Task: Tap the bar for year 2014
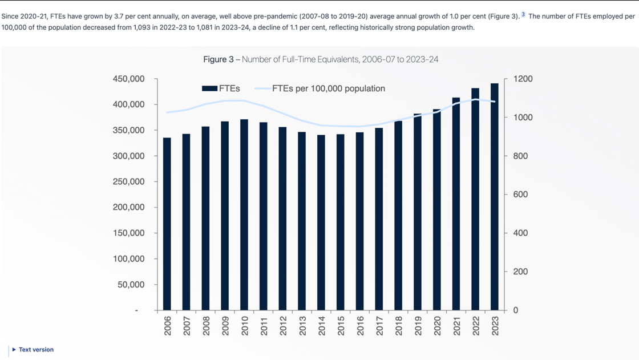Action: (x=321, y=223)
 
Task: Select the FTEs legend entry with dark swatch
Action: (x=221, y=88)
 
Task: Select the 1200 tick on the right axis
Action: (x=523, y=79)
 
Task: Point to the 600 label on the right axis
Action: (x=520, y=195)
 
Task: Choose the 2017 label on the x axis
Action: (x=379, y=326)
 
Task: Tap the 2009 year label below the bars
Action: (x=225, y=326)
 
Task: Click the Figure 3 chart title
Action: (x=321, y=59)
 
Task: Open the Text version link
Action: (x=36, y=350)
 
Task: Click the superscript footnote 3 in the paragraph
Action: (x=523, y=15)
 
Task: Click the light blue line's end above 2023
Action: (x=494, y=102)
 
